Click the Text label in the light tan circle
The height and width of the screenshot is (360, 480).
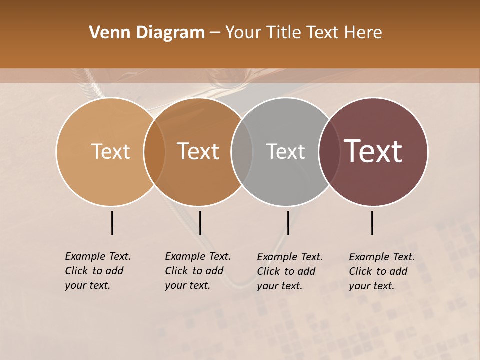coord(110,151)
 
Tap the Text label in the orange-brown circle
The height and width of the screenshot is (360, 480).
coord(198,151)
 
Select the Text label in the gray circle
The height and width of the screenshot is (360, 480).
coord(285,151)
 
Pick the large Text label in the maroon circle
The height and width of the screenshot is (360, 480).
coord(373,151)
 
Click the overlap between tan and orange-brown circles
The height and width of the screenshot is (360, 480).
coord(154,152)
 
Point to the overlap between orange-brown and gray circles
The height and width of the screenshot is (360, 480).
coord(242,152)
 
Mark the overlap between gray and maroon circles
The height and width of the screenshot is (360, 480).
coord(329,152)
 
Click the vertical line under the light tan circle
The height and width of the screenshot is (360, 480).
coord(112,223)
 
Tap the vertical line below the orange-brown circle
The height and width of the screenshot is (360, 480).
coord(200,223)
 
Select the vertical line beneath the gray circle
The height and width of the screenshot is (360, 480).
coord(288,223)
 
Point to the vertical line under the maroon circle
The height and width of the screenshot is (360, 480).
coord(372,223)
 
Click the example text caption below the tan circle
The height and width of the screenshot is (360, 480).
coord(98,271)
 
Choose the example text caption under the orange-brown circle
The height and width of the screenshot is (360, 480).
coord(198,271)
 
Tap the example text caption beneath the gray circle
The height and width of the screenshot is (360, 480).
coord(290,271)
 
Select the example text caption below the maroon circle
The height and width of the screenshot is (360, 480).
coord(382,271)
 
